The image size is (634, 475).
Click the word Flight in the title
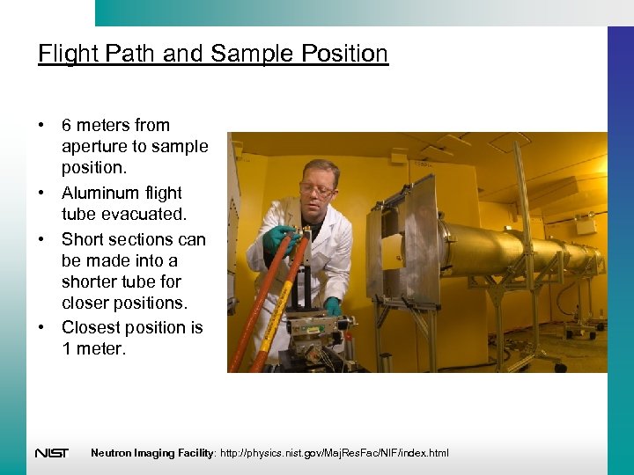click(x=68, y=54)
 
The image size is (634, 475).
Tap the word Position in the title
click(x=343, y=54)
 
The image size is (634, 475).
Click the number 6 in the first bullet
click(x=67, y=125)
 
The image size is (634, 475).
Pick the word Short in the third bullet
click(x=85, y=239)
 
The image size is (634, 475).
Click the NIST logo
click(x=52, y=453)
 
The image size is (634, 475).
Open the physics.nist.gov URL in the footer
click(x=337, y=453)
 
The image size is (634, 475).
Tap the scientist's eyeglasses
click(x=316, y=189)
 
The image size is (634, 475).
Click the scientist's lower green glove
click(x=333, y=306)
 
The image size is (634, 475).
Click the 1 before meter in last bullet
click(x=67, y=349)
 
